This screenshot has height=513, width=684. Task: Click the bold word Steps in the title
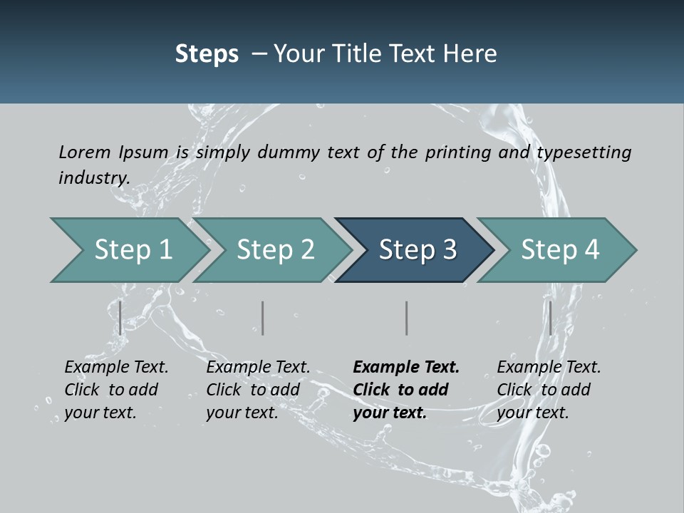tap(207, 53)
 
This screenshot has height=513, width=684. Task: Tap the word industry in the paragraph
tap(93, 177)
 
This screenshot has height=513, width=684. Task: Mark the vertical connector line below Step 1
tap(120, 318)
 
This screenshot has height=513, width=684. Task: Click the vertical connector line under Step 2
tap(263, 318)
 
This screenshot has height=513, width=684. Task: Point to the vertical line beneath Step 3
tap(407, 318)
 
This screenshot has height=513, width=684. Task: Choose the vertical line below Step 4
tap(550, 318)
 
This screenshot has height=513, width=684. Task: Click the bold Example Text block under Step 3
tap(406, 390)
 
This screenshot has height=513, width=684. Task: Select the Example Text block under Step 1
tap(116, 390)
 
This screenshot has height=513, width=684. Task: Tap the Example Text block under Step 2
tap(258, 390)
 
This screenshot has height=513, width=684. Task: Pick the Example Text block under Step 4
tap(549, 390)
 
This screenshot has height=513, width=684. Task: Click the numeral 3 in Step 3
tap(449, 250)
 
